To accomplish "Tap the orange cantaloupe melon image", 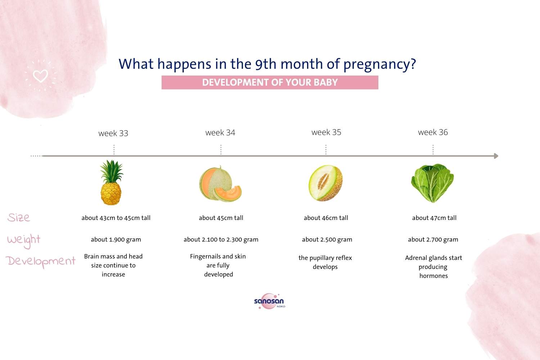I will coord(220,184).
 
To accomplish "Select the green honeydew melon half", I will coord(325,183).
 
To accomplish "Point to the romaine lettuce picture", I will coord(432,183).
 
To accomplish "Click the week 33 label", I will coord(113,133).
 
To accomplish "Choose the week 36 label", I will coord(433,132).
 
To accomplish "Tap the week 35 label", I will coord(326,132).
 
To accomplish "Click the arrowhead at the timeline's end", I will coord(496,156).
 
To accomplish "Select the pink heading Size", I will coord(19,217).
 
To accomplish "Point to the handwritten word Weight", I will coord(24,240).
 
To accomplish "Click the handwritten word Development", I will coord(41,261).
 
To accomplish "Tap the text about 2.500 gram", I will coord(327,239).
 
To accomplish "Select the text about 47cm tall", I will coord(434,218).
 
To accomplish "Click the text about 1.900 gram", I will coord(116,239).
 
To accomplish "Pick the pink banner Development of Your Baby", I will coord(270,82).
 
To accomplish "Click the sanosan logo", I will coord(269,301).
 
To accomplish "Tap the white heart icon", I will coord(40,76).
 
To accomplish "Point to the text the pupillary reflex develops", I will coord(325,262).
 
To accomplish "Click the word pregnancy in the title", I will coord(379,64).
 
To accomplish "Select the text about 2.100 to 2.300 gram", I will coord(221,239).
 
